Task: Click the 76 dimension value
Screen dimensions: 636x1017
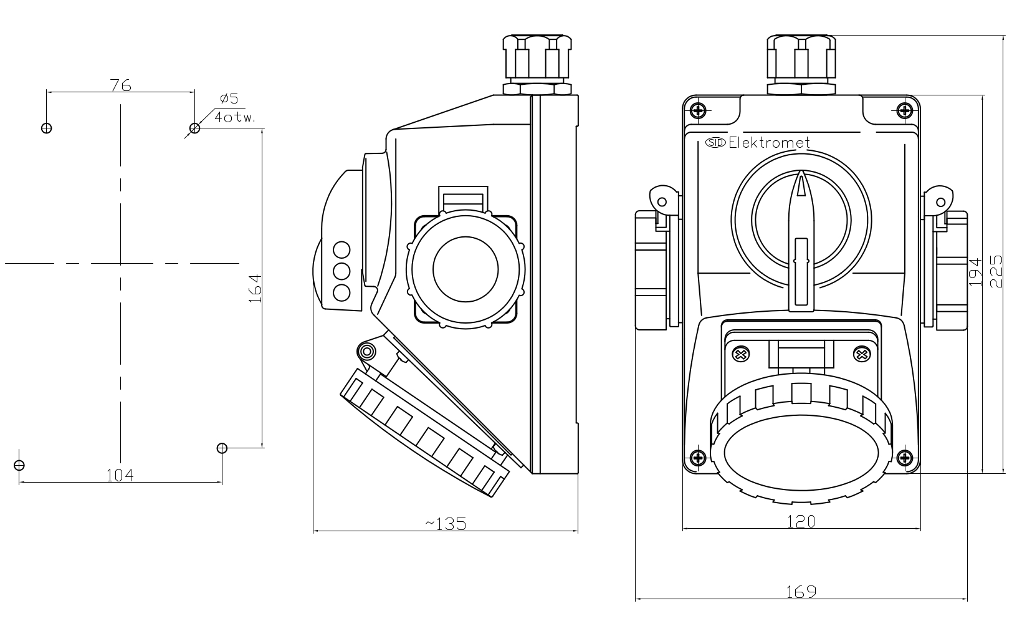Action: [x=120, y=85]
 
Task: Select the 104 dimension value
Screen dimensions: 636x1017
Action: [x=120, y=476]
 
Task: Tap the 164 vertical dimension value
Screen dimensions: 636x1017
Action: [x=254, y=288]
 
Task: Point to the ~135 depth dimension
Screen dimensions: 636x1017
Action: [x=446, y=524]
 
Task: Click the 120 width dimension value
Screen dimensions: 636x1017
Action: [x=801, y=521]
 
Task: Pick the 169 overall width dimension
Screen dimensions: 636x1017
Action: [x=801, y=592]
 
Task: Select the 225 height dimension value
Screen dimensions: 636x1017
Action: [x=996, y=271]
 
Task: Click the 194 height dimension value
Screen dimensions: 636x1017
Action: [x=976, y=272]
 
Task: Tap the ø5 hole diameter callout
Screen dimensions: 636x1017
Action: [x=229, y=99]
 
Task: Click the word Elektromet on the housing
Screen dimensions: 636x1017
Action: [x=769, y=143]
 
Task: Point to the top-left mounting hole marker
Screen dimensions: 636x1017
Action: [x=46, y=128]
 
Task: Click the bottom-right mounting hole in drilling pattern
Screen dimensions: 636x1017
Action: [x=222, y=448]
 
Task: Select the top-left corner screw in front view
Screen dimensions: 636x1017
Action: [x=698, y=111]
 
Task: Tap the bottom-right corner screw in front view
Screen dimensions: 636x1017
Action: [x=905, y=458]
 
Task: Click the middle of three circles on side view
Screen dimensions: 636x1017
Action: [x=341, y=271]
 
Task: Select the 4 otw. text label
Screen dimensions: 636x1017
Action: [x=235, y=117]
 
